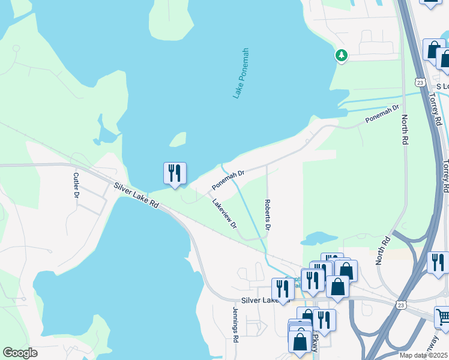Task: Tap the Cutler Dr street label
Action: [x=76, y=185]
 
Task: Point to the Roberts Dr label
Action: [x=268, y=215]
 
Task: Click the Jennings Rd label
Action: [x=235, y=325]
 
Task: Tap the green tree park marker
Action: [x=342, y=55]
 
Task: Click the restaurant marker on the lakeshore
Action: [x=175, y=173]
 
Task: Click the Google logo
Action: [x=20, y=352]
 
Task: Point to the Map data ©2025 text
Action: [x=424, y=355]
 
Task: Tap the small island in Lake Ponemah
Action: [x=177, y=140]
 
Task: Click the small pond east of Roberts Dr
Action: [x=322, y=239]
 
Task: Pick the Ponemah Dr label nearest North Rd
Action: [x=382, y=115]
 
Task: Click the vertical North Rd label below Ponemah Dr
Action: [x=405, y=129]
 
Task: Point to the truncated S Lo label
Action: [x=442, y=86]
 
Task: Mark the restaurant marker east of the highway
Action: [x=438, y=262]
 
